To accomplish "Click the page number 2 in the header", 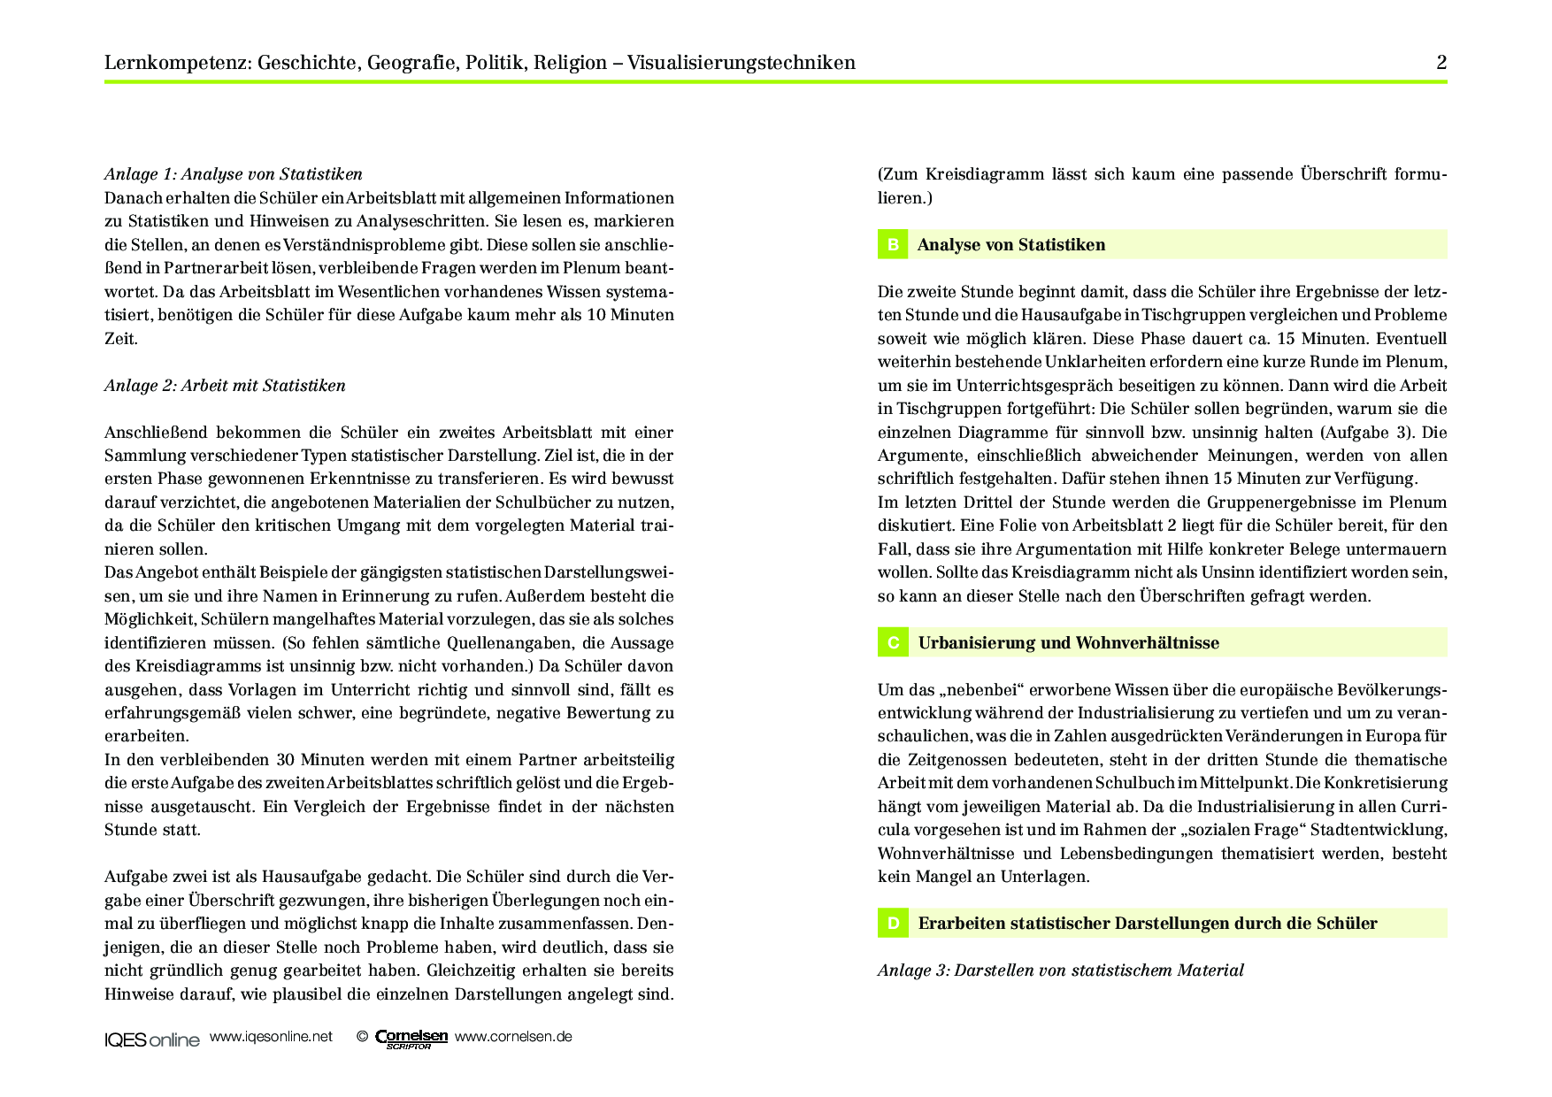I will pos(1441,63).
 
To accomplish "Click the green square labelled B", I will pos(893,245).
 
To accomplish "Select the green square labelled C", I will pos(893,643).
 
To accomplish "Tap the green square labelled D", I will pos(893,924).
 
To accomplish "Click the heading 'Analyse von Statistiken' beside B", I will pos(1011,245).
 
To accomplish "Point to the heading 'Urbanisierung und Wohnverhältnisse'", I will pos(1068,643).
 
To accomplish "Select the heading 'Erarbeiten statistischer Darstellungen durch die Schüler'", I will pos(1148,924).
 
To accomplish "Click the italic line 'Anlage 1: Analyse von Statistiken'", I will pos(234,174).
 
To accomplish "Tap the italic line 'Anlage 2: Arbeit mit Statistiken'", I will pos(225,386).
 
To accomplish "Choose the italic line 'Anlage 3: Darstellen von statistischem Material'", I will pos(1060,970).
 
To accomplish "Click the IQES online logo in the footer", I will pos(152,1039).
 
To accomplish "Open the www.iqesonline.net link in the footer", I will pos(271,1037).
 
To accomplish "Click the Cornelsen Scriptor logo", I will pos(411,1039).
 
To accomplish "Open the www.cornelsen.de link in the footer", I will pos(513,1037).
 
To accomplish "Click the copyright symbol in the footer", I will pos(362,1037).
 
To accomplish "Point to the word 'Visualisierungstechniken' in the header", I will pos(741,63).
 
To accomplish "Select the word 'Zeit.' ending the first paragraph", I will pos(121,339).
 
